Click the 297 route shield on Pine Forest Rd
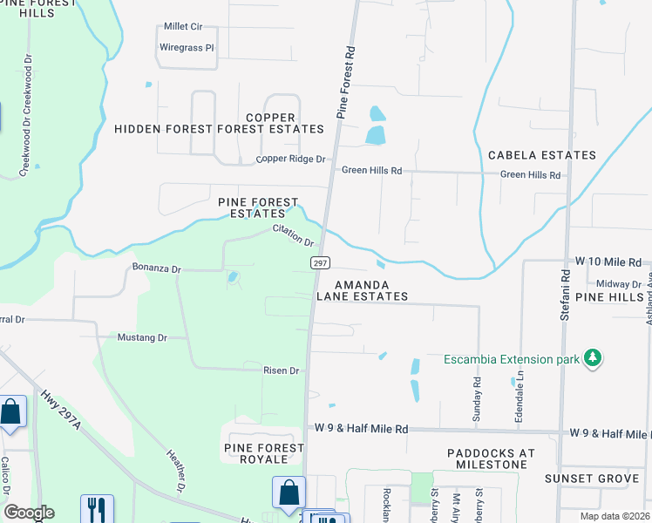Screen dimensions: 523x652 click(x=319, y=262)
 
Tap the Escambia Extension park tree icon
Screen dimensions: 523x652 click(x=593, y=359)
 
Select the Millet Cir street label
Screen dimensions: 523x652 click(x=183, y=27)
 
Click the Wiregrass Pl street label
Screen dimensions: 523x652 click(x=187, y=47)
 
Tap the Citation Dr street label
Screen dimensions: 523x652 click(x=293, y=234)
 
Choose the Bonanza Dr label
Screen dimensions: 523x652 click(x=156, y=268)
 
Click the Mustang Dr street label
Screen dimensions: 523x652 click(x=142, y=337)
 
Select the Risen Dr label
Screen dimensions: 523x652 click(x=282, y=370)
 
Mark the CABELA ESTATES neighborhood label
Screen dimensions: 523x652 click(x=541, y=155)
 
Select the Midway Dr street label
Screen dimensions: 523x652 click(x=619, y=284)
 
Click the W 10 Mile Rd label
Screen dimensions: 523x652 click(x=608, y=261)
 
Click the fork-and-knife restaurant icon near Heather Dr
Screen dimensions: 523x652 click(x=98, y=508)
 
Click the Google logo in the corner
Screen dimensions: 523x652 click(x=29, y=513)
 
